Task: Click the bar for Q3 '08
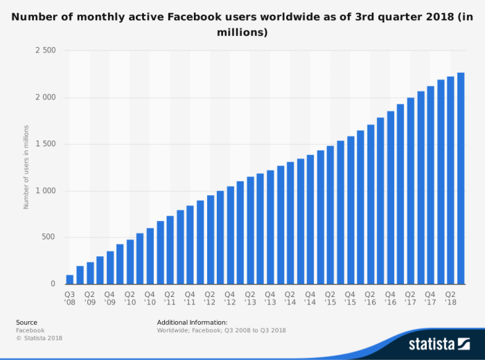coord(70,280)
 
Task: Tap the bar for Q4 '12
coord(231,235)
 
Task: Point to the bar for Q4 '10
coord(150,256)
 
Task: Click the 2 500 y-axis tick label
coord(46,51)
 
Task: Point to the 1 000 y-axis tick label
coord(46,191)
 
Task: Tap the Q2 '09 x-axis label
coord(90,298)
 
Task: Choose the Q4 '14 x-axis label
coord(310,298)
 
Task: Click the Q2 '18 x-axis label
coord(450,298)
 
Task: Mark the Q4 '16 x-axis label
coord(391,298)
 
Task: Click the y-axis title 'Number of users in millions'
coord(26,167)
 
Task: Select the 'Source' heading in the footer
coord(26,323)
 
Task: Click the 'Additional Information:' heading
coord(192,323)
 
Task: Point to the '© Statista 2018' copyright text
coord(39,338)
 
